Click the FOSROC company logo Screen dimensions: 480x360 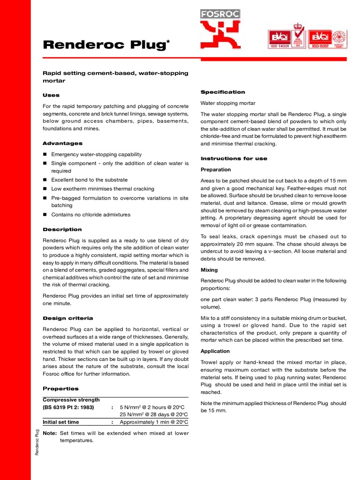pyautogui.click(x=220, y=29)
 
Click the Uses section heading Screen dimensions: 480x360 pyautogui.click(x=51, y=95)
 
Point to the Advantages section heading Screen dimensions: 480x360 pyautogui.click(x=62, y=143)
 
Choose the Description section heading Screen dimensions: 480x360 pyautogui.click(x=62, y=230)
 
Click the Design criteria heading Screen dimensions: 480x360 pyautogui.click(x=67, y=318)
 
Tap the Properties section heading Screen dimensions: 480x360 pyautogui.click(x=60, y=389)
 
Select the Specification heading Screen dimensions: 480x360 pyautogui.click(x=223, y=92)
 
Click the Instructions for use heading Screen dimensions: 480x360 pyautogui.click(x=234, y=158)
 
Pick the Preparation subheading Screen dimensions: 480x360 pyautogui.click(x=216, y=170)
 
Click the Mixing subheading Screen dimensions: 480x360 pyautogui.click(x=209, y=270)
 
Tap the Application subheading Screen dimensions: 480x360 pyautogui.click(x=215, y=351)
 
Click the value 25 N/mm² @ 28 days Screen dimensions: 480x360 pyautogui.click(x=154, y=414)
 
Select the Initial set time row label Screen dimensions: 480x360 pyautogui.click(x=61, y=422)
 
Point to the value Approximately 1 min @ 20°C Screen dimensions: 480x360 pyautogui.click(x=154, y=422)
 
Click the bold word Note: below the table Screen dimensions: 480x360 pyautogui.click(x=49, y=433)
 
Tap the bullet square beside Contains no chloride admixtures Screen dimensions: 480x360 pyautogui.click(x=45, y=215)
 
